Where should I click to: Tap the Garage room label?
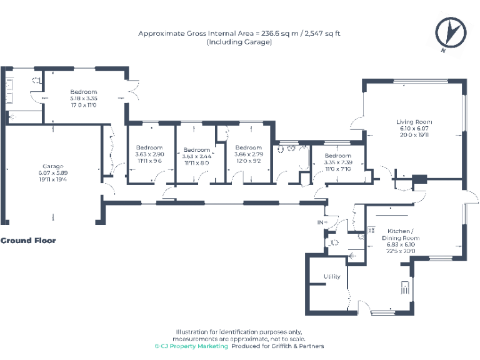point(53,166)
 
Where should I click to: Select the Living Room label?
point(414,122)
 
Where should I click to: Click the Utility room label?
point(331,276)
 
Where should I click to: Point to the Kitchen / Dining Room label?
point(401,234)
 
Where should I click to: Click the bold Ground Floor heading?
point(28,241)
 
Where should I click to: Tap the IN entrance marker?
point(322,222)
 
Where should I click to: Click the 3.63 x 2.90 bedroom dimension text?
point(149,154)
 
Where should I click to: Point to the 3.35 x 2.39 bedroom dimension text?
point(337,162)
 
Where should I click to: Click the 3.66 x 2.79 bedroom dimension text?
point(249,154)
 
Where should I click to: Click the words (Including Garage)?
point(239,42)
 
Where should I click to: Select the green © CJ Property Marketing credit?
point(192,346)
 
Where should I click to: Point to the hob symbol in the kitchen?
point(406,288)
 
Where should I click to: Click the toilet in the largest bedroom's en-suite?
point(37,80)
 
